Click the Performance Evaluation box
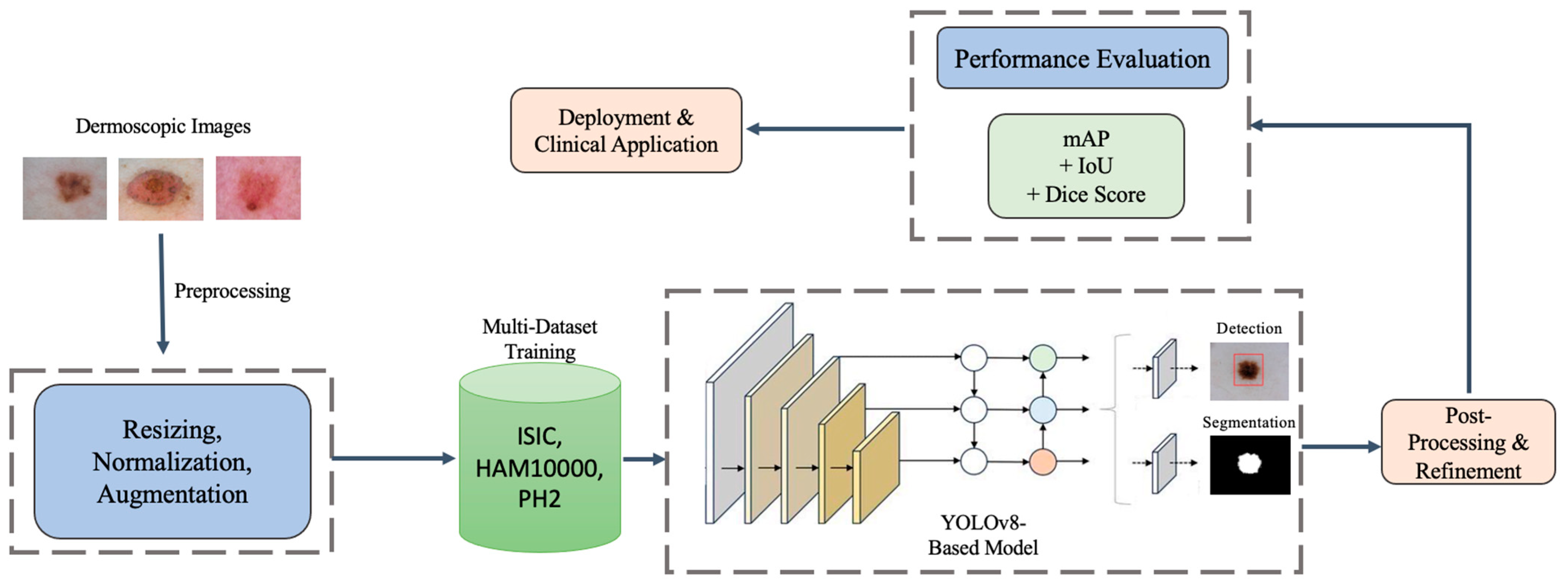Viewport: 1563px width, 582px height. [x=1082, y=58]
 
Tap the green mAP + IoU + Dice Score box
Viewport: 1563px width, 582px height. [x=1085, y=166]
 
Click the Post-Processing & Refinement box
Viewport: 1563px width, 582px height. [x=1468, y=442]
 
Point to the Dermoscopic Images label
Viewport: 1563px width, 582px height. [x=162, y=126]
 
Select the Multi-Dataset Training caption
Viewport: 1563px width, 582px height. [x=539, y=339]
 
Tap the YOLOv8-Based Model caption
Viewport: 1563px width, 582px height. [x=982, y=535]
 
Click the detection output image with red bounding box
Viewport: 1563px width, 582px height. [x=1249, y=371]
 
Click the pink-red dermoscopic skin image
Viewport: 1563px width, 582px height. [x=258, y=188]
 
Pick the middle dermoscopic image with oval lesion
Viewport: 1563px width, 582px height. [x=161, y=189]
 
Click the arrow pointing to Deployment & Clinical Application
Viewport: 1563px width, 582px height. [x=825, y=129]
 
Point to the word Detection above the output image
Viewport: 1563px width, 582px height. [x=1249, y=328]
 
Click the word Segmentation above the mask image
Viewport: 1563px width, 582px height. [x=1248, y=423]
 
